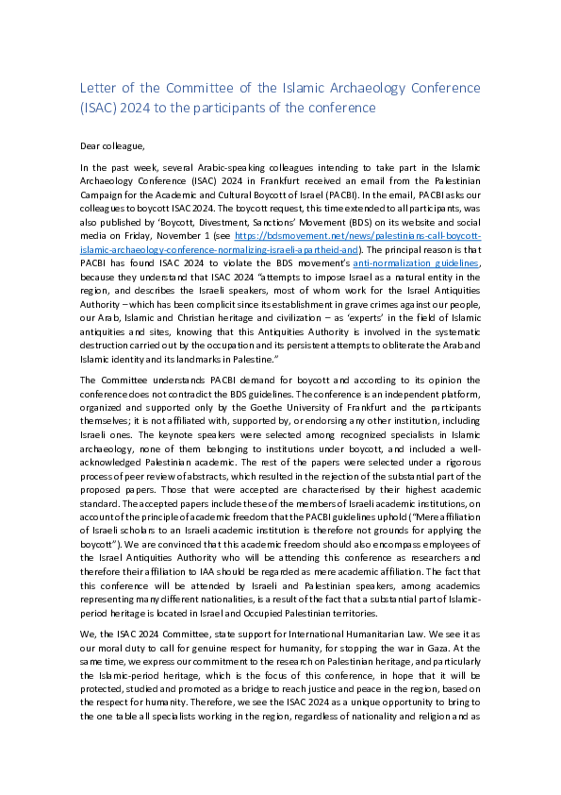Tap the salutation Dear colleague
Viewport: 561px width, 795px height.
click(x=112, y=146)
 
